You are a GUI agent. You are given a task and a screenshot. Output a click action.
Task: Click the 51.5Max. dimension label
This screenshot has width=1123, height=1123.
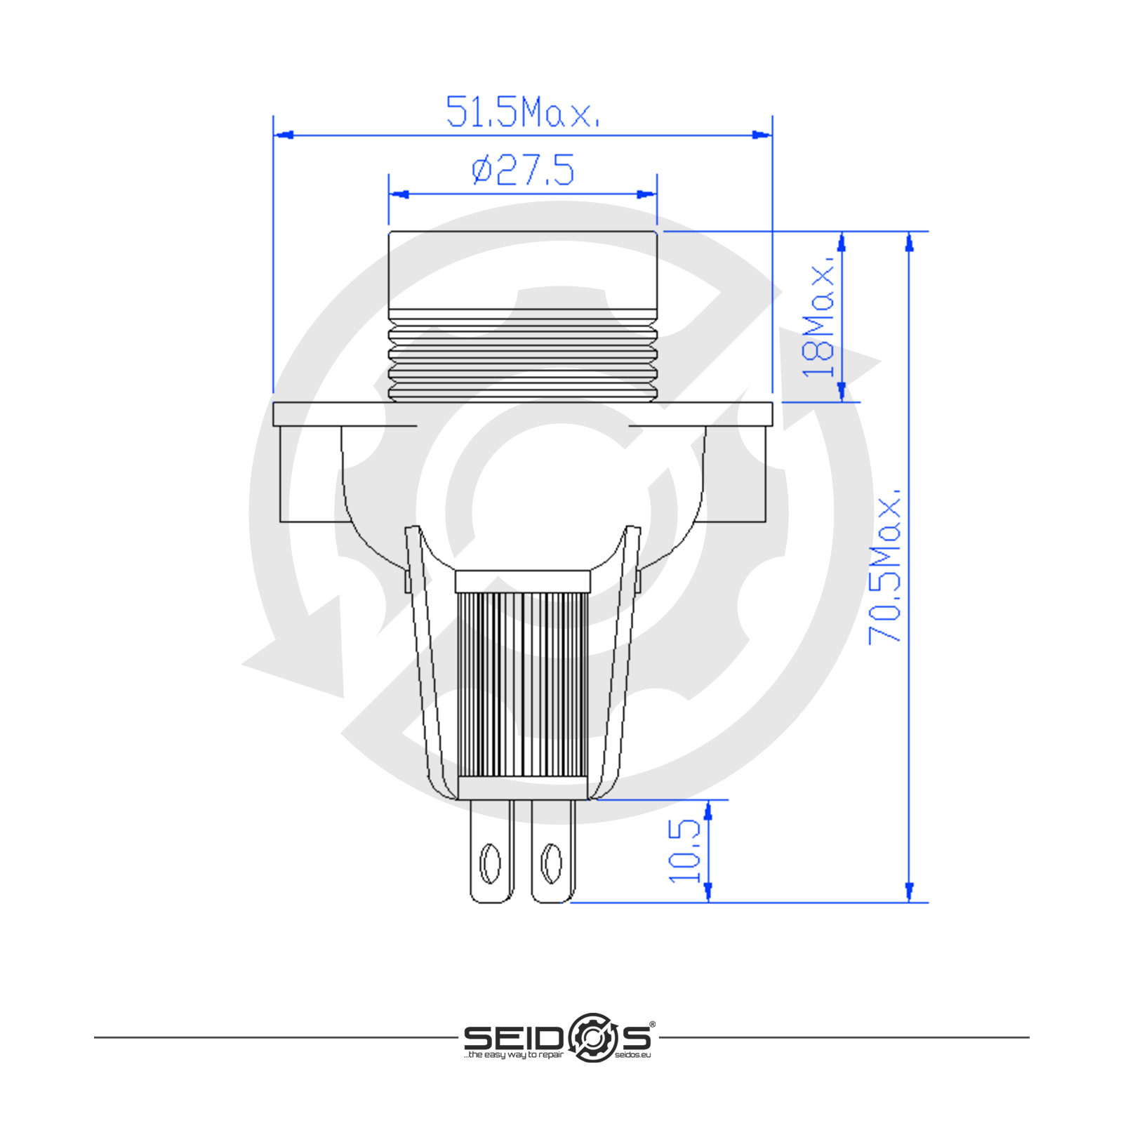(523, 112)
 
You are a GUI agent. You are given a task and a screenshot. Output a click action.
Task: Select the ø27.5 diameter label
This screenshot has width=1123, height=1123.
(523, 171)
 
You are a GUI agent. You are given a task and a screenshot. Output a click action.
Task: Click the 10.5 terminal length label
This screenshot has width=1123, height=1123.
(684, 851)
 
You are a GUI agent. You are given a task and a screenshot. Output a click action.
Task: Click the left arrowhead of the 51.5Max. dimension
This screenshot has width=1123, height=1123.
(284, 134)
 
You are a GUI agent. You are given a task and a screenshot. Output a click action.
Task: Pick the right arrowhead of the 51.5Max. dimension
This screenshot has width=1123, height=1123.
(762, 134)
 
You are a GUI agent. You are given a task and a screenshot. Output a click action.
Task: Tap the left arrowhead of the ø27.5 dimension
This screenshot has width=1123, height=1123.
(399, 194)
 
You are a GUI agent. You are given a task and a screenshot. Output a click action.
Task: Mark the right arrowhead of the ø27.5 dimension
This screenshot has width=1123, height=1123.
(646, 194)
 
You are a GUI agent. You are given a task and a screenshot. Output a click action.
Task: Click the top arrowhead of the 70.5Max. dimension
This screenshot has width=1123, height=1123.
(910, 241)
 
